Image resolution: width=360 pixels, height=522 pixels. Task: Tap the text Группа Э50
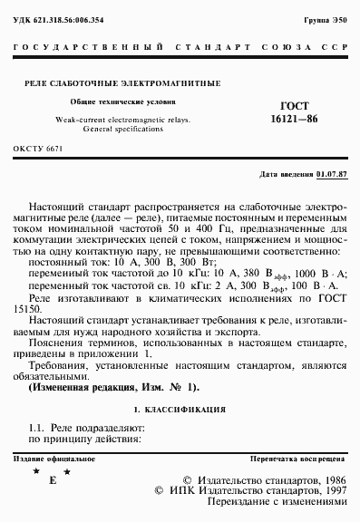325,19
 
